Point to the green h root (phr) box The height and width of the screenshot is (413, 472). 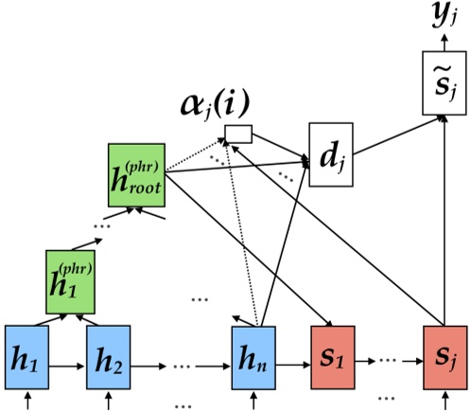(x=136, y=176)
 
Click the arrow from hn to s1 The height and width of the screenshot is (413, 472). (x=293, y=362)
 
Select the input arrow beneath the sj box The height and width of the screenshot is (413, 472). (x=445, y=403)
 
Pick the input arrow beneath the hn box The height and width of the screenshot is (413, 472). (x=253, y=403)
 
